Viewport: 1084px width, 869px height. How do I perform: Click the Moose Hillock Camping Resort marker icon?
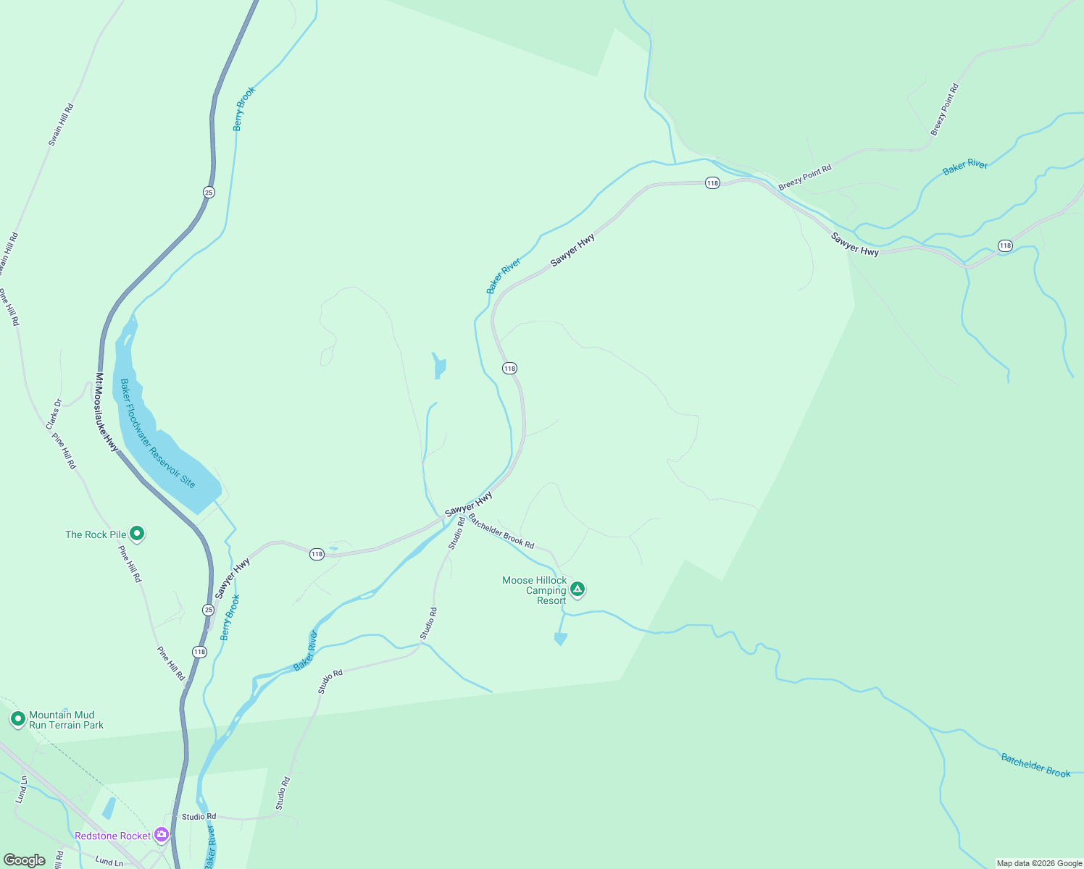click(578, 589)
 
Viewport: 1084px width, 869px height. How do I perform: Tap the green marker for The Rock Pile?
click(137, 534)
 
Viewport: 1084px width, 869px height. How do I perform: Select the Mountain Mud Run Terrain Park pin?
click(18, 719)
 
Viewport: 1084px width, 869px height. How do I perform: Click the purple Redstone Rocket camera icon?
click(162, 835)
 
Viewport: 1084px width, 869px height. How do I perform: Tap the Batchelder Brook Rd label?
click(501, 532)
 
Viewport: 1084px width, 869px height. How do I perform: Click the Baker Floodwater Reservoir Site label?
click(157, 433)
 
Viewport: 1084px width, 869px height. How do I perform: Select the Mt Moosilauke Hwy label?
click(107, 412)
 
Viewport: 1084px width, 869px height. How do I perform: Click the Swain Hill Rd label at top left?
click(62, 125)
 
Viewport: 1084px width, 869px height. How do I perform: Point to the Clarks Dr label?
click(54, 413)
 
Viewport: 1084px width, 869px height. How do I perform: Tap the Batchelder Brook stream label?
click(1035, 765)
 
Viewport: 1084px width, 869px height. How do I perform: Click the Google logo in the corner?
click(25, 860)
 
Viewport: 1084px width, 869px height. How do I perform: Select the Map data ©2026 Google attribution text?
click(1039, 863)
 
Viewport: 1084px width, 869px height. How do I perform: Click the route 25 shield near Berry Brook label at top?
click(209, 192)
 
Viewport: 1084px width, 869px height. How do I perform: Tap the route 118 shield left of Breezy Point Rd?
click(712, 183)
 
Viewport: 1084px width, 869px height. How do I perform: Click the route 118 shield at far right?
click(1004, 245)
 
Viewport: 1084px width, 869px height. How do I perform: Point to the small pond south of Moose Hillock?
click(560, 639)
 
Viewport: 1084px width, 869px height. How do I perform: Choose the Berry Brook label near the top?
click(244, 109)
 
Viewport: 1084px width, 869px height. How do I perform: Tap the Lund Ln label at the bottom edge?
click(109, 862)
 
